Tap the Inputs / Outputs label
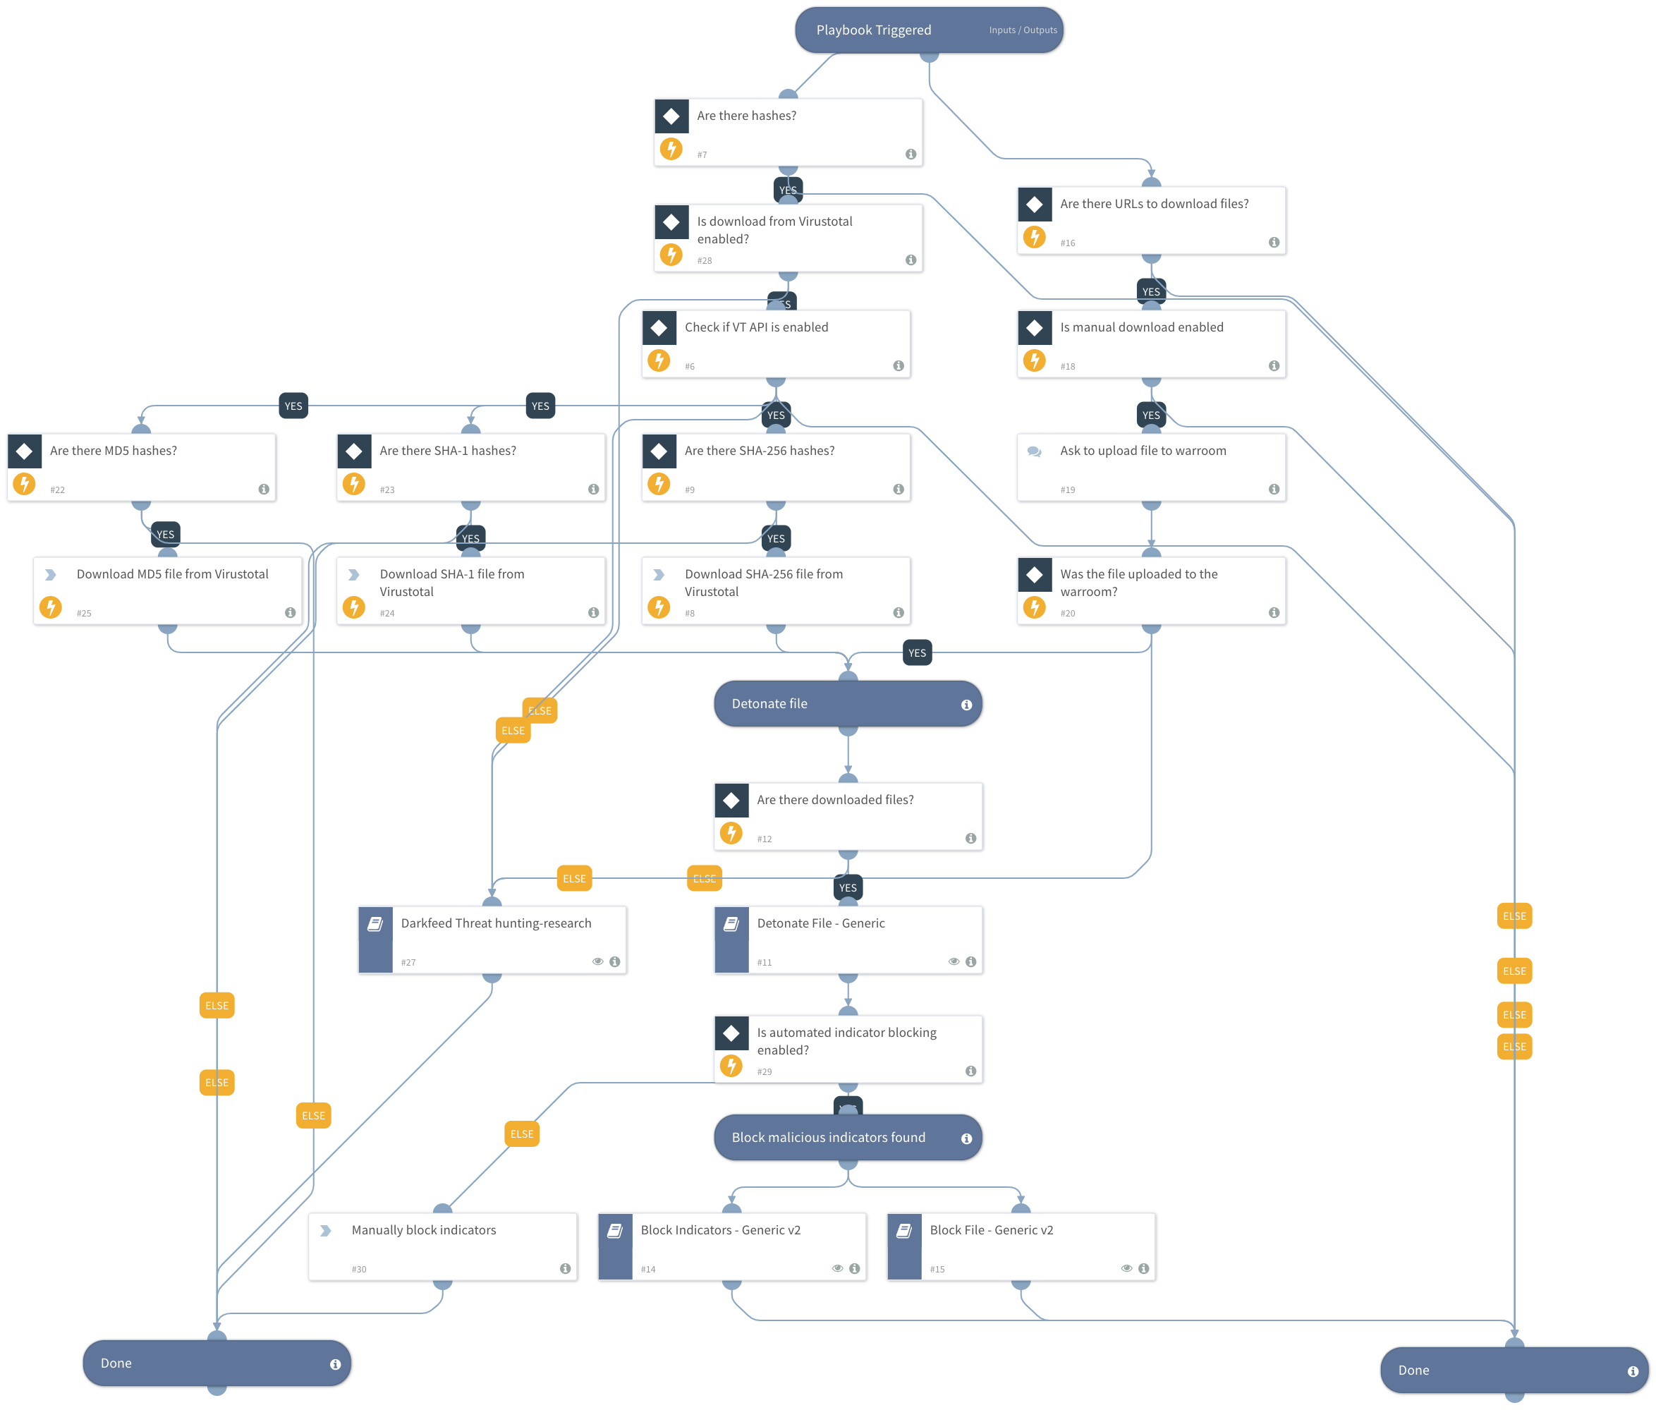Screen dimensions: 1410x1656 click(1022, 30)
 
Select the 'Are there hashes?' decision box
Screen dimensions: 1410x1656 click(787, 132)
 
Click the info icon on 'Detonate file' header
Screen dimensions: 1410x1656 click(966, 705)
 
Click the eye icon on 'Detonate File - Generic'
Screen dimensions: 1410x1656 click(953, 961)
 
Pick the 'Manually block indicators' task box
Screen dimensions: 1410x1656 click(442, 1246)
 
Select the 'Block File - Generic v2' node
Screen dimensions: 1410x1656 click(1021, 1246)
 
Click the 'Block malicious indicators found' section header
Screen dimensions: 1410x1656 click(829, 1138)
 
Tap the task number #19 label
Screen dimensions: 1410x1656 click(1068, 490)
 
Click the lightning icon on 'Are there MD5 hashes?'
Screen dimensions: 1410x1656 click(25, 484)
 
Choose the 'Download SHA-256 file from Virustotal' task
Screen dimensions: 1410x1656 click(775, 590)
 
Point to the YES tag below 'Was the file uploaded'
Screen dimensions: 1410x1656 click(917, 653)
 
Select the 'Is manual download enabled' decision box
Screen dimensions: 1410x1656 click(1151, 344)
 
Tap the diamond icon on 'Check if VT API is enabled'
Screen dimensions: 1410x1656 click(659, 328)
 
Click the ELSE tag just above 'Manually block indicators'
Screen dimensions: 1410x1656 click(522, 1134)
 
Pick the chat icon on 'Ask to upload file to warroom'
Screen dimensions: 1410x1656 click(1034, 451)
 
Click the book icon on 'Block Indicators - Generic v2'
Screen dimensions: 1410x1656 click(614, 1231)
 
